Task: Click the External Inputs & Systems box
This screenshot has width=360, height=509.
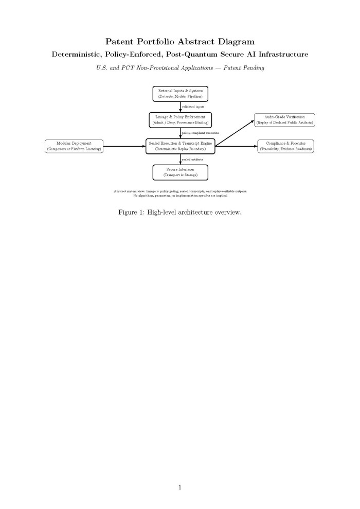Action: [x=180, y=94]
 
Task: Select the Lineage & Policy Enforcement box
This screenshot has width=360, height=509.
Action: [x=180, y=120]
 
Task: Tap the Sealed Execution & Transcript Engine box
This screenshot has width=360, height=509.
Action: [x=180, y=146]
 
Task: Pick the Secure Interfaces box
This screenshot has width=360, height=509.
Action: [x=180, y=172]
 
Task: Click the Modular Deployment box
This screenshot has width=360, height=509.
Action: [x=74, y=146]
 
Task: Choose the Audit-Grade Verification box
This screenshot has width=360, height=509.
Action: [x=284, y=120]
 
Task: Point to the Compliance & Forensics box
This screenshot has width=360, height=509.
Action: [x=285, y=146]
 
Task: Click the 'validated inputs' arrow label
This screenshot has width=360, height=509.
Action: [x=193, y=107]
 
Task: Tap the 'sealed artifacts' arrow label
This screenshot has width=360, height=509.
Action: [x=192, y=160]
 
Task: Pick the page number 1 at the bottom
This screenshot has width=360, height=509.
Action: [x=180, y=487]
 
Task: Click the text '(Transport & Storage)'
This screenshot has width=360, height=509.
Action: [x=180, y=175]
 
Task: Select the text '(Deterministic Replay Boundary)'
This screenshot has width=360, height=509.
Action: [x=180, y=149]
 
